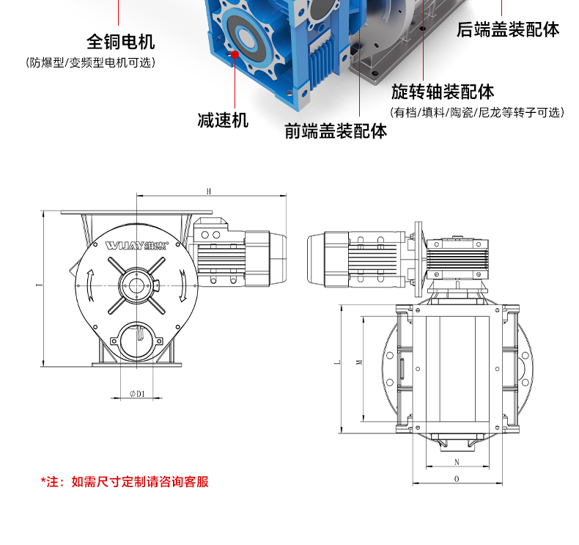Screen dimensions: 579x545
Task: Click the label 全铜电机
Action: click(121, 41)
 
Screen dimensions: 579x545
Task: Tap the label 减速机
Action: click(223, 120)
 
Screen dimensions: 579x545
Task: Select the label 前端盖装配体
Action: click(336, 131)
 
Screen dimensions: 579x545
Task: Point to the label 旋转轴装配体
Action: click(443, 92)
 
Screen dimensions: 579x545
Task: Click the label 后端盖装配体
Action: click(508, 29)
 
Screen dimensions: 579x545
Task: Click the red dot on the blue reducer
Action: click(235, 54)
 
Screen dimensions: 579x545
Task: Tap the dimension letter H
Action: click(209, 191)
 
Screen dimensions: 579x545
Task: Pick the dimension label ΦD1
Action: click(137, 394)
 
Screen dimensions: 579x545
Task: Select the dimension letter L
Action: click(337, 362)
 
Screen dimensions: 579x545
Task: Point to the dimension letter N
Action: click(457, 462)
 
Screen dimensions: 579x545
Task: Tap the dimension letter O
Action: click(457, 479)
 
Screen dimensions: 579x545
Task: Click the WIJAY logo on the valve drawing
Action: click(136, 245)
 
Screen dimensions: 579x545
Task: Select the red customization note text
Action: click(125, 482)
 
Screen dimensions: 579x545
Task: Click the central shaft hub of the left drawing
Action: click(136, 285)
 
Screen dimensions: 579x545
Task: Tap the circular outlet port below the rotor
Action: click(137, 340)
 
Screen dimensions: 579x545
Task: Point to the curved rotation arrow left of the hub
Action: click(90, 285)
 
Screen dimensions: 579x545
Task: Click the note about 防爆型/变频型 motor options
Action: click(90, 62)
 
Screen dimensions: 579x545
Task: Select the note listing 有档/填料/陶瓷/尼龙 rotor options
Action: click(477, 112)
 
